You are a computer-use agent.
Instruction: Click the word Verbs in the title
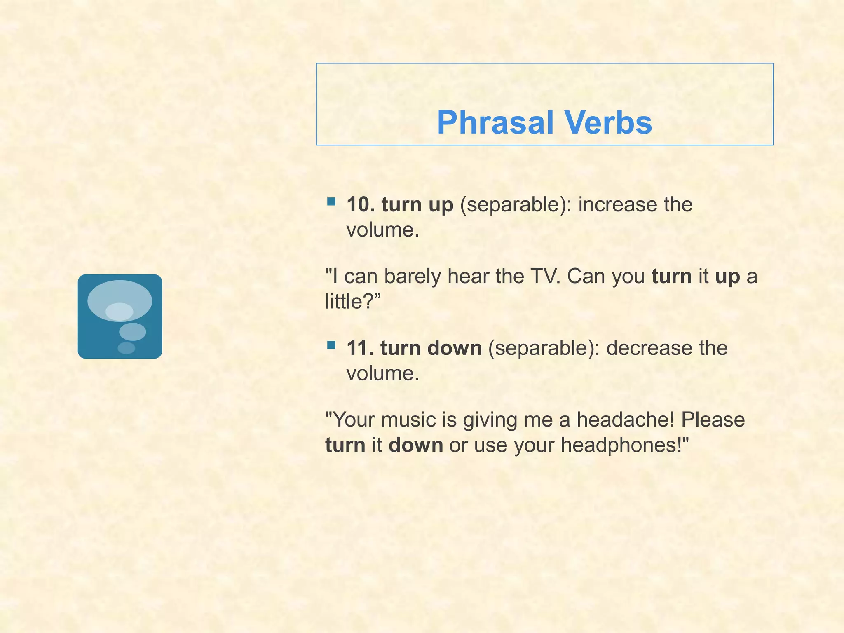pos(608,123)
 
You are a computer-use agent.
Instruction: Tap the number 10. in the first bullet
pos(361,204)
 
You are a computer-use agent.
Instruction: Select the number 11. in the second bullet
pos(360,348)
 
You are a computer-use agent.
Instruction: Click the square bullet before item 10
pos(331,202)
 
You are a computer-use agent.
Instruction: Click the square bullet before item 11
pos(331,345)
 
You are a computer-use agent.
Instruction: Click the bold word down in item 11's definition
pos(454,348)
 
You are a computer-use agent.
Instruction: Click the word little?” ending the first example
pos(353,302)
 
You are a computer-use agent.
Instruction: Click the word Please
pos(713,420)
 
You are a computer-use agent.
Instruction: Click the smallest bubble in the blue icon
pos(126,348)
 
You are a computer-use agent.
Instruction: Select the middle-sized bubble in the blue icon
pos(132,332)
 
